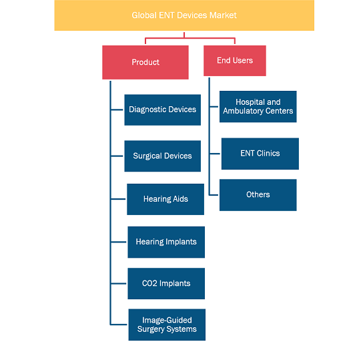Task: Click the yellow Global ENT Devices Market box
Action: pyautogui.click(x=184, y=15)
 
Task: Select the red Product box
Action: pyautogui.click(x=145, y=62)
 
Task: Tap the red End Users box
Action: pyautogui.click(x=235, y=61)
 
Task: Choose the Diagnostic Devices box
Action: pyautogui.click(x=163, y=110)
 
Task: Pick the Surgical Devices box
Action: pyautogui.click(x=163, y=156)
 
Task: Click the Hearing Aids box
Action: pyautogui.click(x=165, y=199)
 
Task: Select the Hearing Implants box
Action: pyautogui.click(x=166, y=242)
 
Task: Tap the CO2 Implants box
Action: pyautogui.click(x=166, y=284)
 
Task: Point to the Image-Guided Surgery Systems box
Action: pyautogui.click(x=167, y=325)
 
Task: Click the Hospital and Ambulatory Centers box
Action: pyautogui.click(x=258, y=107)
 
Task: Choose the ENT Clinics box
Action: pyautogui.click(x=260, y=154)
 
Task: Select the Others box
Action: pyautogui.click(x=258, y=195)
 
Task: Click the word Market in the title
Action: pyautogui.click(x=223, y=15)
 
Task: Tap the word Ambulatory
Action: pyautogui.click(x=243, y=111)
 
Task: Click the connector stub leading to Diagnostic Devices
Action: pyautogui.click(x=117, y=110)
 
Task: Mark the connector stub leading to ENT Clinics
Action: pyautogui.click(x=215, y=154)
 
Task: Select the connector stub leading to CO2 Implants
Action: pyautogui.click(x=119, y=284)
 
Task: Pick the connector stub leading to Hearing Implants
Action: pyautogui.click(x=119, y=242)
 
